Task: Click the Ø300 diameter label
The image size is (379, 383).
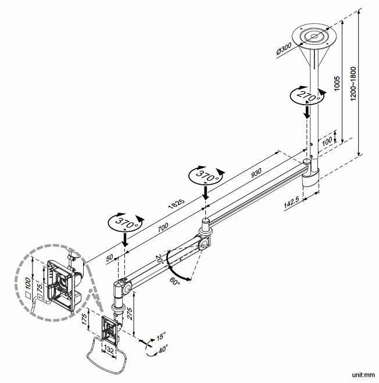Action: [x=284, y=49]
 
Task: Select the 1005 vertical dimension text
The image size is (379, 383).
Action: [x=337, y=83]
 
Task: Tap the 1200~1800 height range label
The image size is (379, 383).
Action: [x=353, y=84]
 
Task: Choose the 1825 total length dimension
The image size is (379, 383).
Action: [x=176, y=204]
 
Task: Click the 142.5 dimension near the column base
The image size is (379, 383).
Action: [x=291, y=202]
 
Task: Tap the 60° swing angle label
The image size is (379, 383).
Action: [x=175, y=281]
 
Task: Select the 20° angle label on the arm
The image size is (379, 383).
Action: [x=159, y=259]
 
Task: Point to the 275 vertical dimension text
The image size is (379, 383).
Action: [x=129, y=314]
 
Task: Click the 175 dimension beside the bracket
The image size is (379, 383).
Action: [x=84, y=319]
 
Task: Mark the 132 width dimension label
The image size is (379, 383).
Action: [x=109, y=350]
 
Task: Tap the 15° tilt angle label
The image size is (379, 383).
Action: [x=161, y=336]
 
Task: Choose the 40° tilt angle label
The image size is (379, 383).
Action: [x=163, y=348]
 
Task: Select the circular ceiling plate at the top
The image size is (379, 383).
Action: [x=314, y=37]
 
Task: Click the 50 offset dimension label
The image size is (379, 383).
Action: [x=110, y=257]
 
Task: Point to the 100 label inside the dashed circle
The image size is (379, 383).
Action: [x=28, y=282]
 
